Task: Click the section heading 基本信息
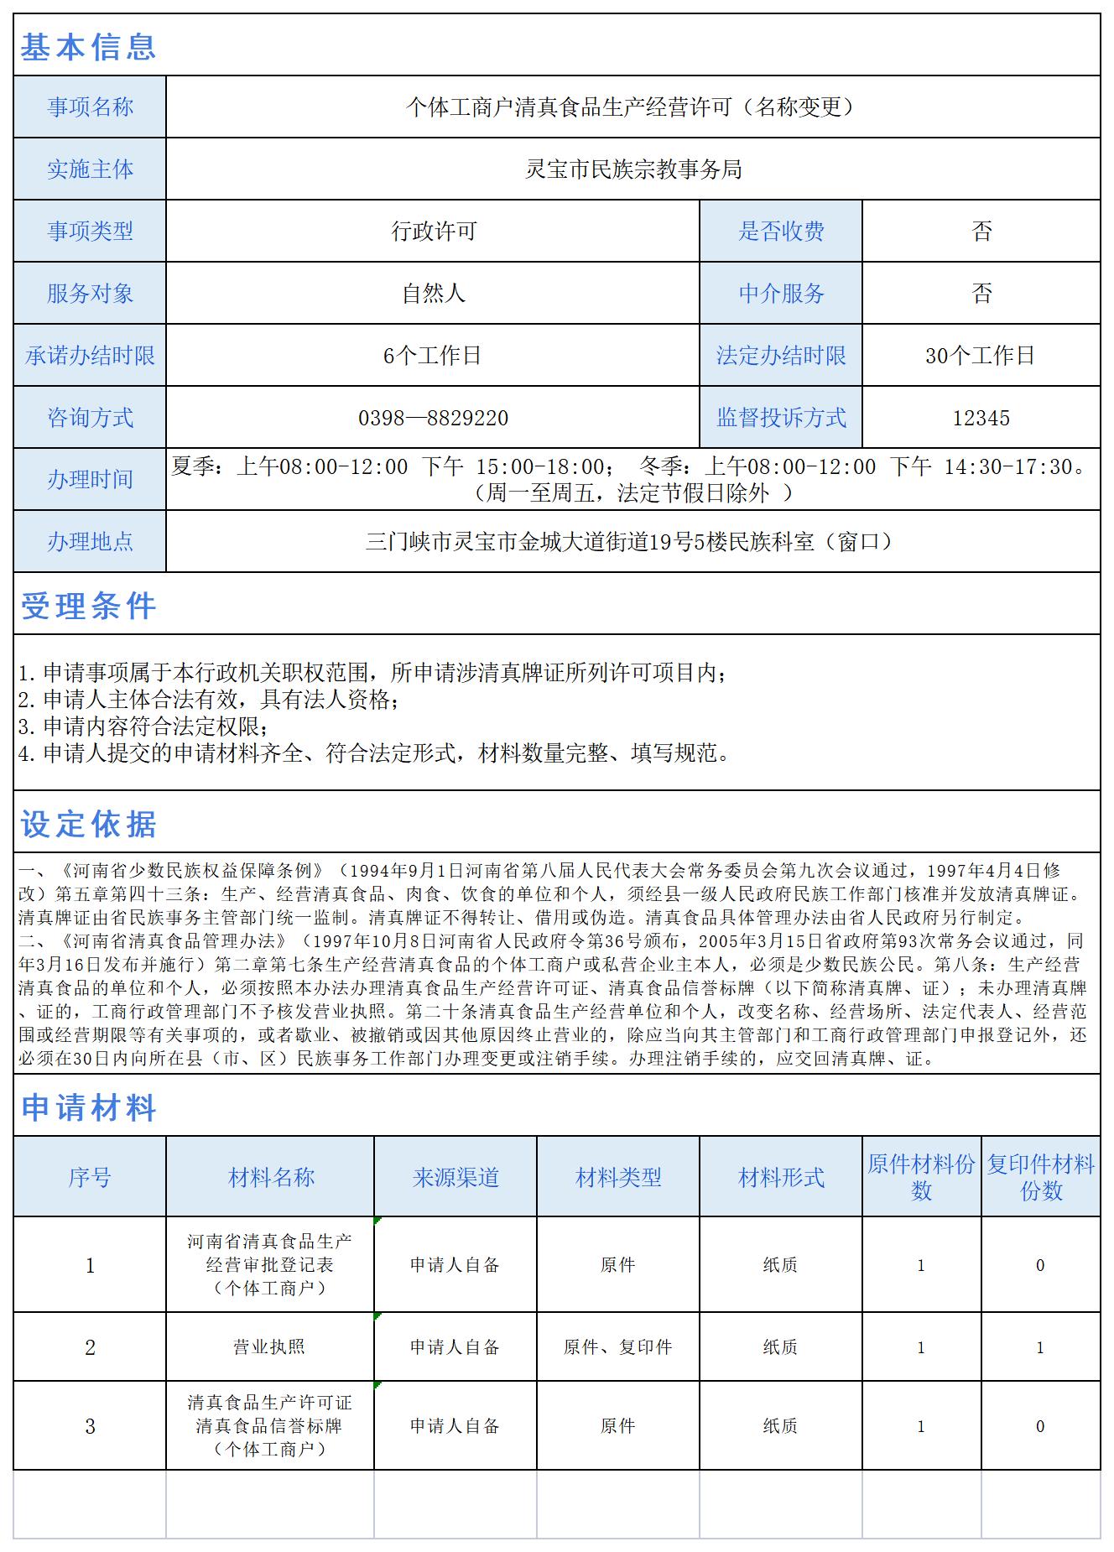click(88, 47)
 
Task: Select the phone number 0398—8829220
click(433, 418)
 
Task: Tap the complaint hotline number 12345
click(981, 418)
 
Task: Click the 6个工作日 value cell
click(432, 356)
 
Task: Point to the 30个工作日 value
click(980, 356)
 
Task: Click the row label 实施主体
click(90, 169)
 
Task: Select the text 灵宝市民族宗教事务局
click(633, 169)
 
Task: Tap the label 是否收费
click(781, 232)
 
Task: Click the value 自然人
click(433, 294)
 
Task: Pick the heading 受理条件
click(88, 606)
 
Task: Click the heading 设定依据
click(88, 825)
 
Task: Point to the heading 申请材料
click(88, 1108)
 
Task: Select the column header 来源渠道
click(455, 1178)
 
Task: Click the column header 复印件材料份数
click(1040, 1177)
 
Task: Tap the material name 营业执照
click(269, 1347)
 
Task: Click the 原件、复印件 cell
click(617, 1347)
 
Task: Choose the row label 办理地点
click(90, 542)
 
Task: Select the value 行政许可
click(433, 232)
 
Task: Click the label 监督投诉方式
click(781, 418)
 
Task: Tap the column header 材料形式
click(781, 1178)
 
